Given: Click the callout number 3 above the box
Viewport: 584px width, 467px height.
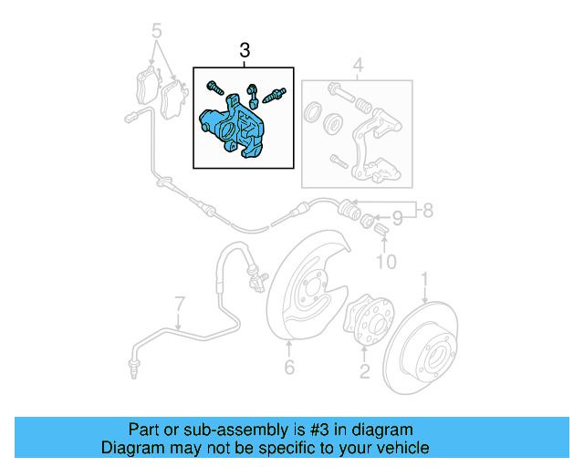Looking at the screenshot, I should pos(244,50).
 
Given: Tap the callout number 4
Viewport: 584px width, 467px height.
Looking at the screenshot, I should pos(358,66).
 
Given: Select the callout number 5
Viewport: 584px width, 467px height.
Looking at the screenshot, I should pos(156,29).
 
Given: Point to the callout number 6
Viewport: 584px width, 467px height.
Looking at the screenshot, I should pos(289,368).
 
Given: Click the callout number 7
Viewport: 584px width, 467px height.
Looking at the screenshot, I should pos(180,302).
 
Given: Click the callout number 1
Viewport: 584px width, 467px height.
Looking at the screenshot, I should pos(423,277).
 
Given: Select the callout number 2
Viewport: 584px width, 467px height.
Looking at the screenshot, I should pos(364,370).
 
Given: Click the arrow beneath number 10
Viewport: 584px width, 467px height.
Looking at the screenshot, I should pos(383,244).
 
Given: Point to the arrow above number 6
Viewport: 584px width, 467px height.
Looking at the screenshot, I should pos(289,348).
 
